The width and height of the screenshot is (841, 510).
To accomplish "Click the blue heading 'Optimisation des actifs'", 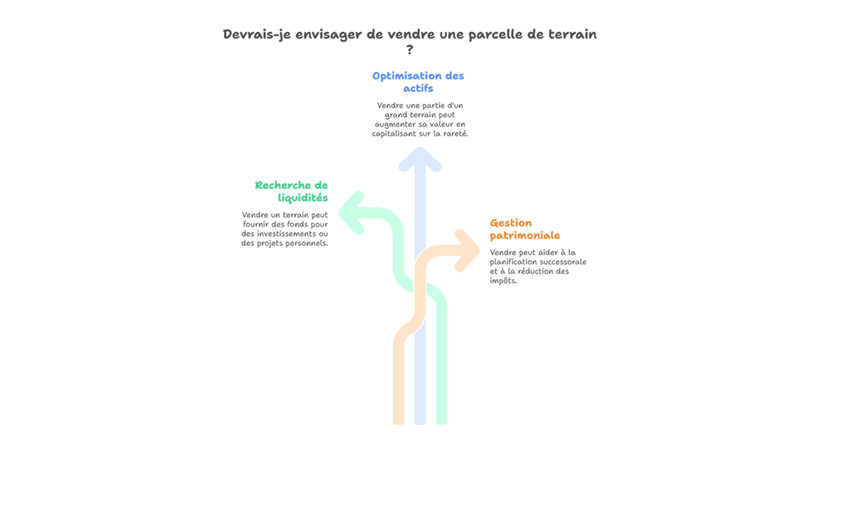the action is [418, 82].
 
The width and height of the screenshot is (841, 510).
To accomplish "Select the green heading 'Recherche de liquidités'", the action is [292, 192].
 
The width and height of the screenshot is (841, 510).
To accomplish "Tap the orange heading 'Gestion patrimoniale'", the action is [525, 229].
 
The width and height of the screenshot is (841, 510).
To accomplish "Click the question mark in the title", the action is [410, 50].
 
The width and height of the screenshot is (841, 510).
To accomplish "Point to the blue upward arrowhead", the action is [420, 160].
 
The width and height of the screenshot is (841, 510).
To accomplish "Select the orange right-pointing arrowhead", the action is [467, 251].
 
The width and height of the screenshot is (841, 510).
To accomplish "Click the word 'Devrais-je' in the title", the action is [257, 34].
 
